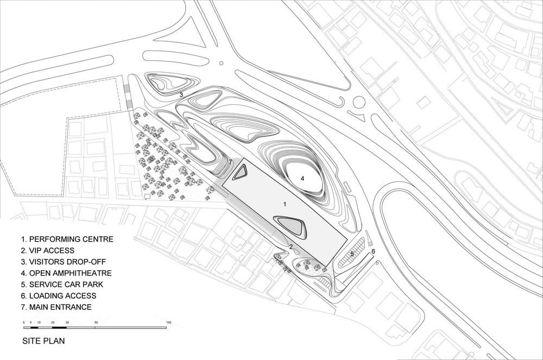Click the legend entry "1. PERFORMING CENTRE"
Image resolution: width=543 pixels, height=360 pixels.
[x=67, y=239]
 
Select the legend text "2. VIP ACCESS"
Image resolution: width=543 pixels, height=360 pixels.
[x=48, y=251]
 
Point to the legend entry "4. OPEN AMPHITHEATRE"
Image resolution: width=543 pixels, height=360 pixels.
[x=66, y=273]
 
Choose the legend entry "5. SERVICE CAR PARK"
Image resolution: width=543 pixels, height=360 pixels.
[x=62, y=285]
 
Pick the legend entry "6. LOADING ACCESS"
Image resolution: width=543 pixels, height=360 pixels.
[x=59, y=295]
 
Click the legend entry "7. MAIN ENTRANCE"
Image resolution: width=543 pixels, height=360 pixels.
[x=56, y=307]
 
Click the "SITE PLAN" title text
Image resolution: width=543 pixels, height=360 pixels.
[x=43, y=340]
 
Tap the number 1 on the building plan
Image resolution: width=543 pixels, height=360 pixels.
[x=285, y=205]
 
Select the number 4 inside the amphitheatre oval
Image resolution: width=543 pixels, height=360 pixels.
[x=302, y=179]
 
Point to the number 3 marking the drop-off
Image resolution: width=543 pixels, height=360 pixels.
[x=181, y=94]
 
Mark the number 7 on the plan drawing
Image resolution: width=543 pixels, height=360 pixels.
[x=230, y=162]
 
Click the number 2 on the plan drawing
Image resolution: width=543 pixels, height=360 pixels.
[x=291, y=247]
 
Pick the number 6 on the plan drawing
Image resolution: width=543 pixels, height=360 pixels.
[x=373, y=251]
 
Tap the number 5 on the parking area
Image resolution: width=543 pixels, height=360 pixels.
[x=352, y=254]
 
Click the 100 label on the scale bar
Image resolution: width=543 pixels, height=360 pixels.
[x=169, y=323]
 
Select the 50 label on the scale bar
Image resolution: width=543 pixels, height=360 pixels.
[x=96, y=323]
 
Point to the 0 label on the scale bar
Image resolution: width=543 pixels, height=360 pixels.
[x=23, y=323]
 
